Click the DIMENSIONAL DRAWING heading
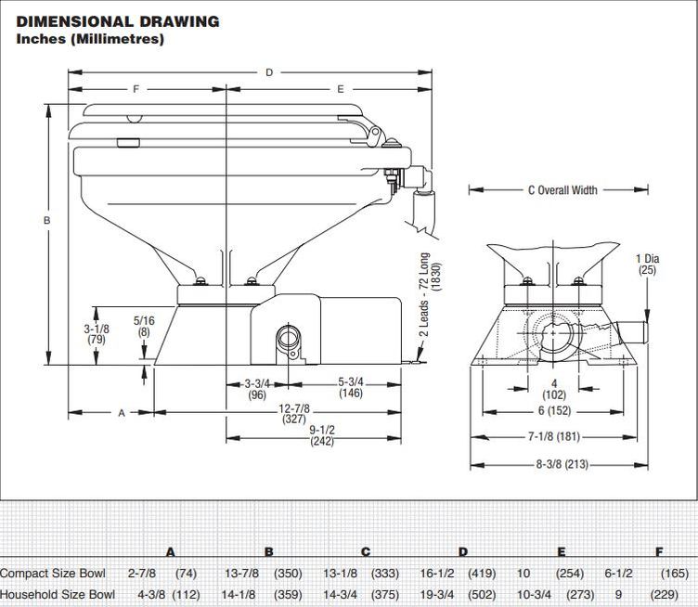(x=118, y=21)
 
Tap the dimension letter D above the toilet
(x=269, y=72)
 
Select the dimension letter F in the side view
(x=136, y=89)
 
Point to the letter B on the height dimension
(x=46, y=220)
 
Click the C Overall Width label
(x=562, y=190)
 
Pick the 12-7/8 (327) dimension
(x=294, y=413)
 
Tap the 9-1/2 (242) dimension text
(x=322, y=435)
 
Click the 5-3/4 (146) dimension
(x=351, y=387)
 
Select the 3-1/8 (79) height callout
(x=97, y=334)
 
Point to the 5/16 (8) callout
(x=144, y=326)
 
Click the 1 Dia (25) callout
(x=647, y=264)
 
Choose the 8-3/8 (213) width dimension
(x=562, y=465)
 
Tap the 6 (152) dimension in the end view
(x=554, y=410)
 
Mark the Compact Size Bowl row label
(x=53, y=574)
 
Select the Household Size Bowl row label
(x=58, y=595)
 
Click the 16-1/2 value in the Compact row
(x=437, y=574)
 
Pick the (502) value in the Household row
(x=483, y=595)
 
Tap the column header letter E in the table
(x=562, y=552)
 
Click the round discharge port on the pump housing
(x=289, y=336)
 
